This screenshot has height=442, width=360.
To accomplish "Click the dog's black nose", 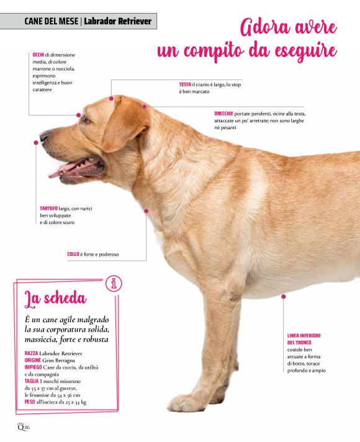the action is click(x=43, y=137).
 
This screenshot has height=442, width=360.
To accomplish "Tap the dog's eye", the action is click(x=86, y=120).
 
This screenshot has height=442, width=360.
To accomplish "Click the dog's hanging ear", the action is click(x=126, y=124).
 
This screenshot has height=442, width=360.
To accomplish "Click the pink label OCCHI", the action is click(x=38, y=55).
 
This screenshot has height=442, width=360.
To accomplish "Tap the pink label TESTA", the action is click(x=185, y=84).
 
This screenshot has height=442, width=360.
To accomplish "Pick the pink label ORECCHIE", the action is click(x=223, y=114).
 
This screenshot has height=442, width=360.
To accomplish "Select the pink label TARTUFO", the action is click(x=48, y=209).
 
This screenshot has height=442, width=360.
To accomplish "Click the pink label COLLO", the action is click(x=73, y=254).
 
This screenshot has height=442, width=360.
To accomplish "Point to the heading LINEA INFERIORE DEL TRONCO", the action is click(x=304, y=339).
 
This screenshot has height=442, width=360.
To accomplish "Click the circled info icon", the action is click(x=114, y=283).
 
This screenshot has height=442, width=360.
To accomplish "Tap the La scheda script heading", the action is click(x=55, y=299).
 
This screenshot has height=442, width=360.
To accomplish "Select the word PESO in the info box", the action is click(x=30, y=402).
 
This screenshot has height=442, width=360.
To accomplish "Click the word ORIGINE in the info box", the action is click(x=33, y=360).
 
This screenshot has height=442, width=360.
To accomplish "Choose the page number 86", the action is click(x=27, y=427).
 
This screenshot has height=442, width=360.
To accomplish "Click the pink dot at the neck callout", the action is click(x=146, y=210).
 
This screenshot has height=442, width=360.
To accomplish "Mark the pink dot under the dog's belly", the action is click(x=283, y=297).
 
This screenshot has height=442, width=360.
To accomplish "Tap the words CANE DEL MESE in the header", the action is click(x=51, y=21).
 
